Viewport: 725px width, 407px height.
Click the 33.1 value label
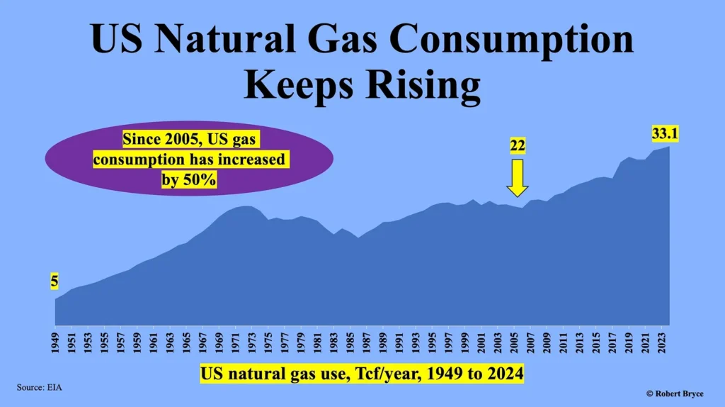click(665, 133)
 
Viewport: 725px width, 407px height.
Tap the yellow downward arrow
click(518, 178)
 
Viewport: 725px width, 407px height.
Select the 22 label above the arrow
click(518, 146)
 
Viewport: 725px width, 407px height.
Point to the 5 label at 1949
click(55, 281)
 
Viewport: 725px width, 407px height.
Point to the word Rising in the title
click(423, 85)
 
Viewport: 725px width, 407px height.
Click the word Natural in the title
click(224, 38)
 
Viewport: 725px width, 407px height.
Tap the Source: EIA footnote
click(40, 388)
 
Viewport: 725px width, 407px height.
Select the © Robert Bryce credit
click(675, 394)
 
